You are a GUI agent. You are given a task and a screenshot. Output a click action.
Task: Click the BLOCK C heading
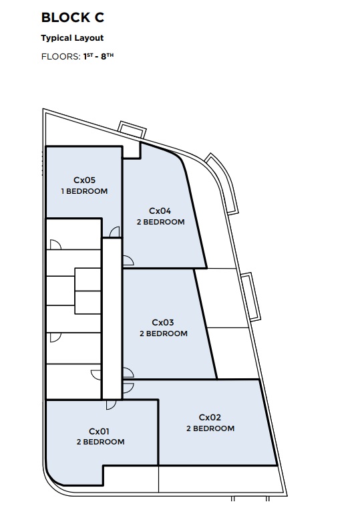(73, 17)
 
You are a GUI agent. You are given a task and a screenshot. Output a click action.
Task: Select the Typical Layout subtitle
(72, 38)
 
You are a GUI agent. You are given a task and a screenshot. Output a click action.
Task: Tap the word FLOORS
(61, 57)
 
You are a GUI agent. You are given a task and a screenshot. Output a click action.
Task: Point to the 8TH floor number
(107, 56)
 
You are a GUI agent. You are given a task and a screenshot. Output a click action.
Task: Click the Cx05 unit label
(85, 180)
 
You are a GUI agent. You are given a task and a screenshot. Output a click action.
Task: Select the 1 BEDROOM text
(85, 191)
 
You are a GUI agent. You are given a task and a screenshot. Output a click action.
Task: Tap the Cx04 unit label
(160, 211)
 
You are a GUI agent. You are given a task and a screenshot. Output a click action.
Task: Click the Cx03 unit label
(163, 322)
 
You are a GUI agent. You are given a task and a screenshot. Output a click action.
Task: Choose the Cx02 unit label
(210, 417)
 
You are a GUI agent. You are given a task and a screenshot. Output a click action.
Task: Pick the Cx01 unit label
(100, 432)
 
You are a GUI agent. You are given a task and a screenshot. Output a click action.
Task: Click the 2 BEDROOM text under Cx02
(210, 428)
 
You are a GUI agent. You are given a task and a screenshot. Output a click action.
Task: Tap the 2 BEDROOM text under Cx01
(100, 442)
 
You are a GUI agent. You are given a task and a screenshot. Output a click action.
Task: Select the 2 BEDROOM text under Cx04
(161, 222)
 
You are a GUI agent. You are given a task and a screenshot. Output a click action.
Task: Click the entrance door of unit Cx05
(115, 232)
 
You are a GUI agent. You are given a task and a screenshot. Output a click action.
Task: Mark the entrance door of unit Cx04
(128, 261)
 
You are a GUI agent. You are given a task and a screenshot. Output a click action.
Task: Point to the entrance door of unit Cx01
(111, 404)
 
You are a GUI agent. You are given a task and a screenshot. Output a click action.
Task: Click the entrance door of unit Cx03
(128, 373)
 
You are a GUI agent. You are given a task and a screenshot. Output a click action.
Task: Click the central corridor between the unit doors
(112, 319)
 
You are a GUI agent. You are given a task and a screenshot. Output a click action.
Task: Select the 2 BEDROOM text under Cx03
(164, 334)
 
